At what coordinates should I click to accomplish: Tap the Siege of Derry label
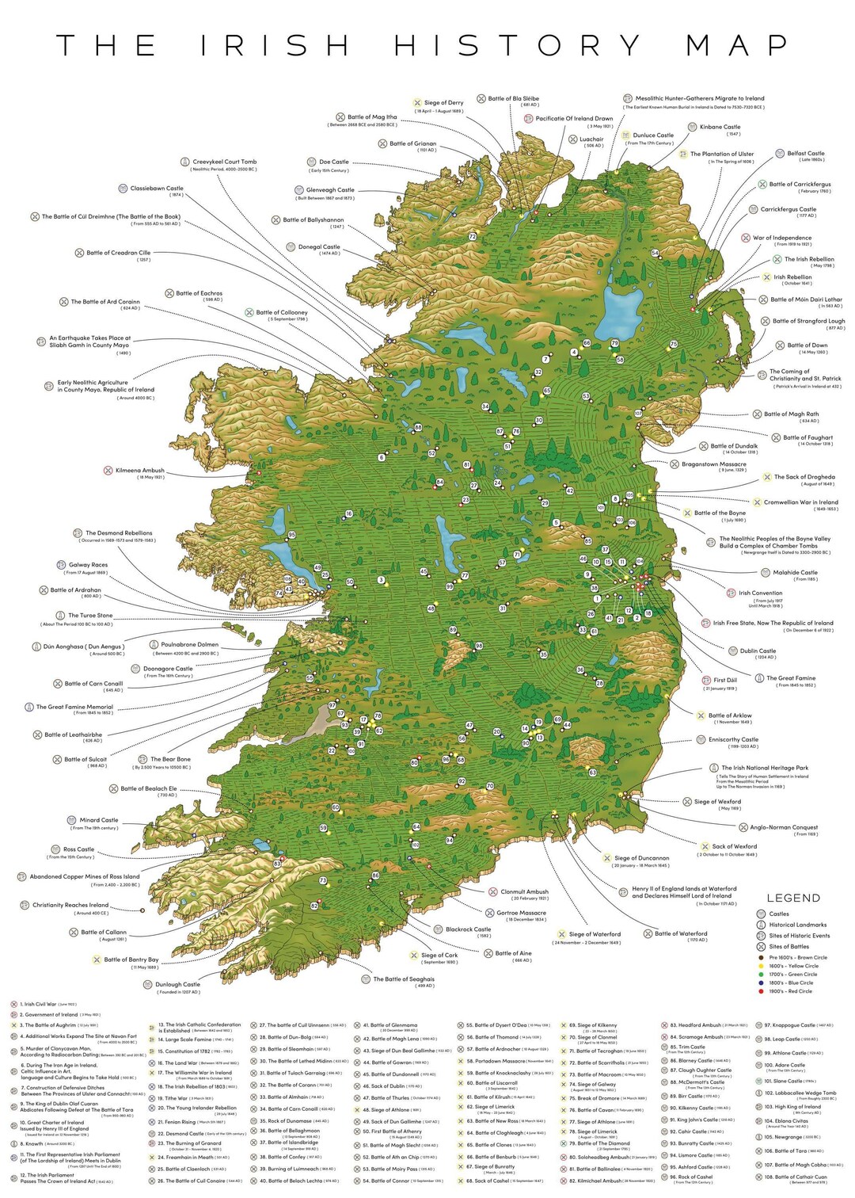(x=443, y=103)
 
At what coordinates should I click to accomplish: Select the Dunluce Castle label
(x=653, y=135)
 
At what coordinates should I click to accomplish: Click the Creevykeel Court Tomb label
(x=224, y=162)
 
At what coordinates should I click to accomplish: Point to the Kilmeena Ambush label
(x=139, y=471)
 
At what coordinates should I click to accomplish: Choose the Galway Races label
(x=88, y=565)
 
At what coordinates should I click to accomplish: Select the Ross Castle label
(x=78, y=849)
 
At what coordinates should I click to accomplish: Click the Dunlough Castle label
(x=177, y=985)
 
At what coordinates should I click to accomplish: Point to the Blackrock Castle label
(x=468, y=929)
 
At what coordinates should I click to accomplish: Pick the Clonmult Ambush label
(x=524, y=891)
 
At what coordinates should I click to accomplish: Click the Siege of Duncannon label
(x=641, y=858)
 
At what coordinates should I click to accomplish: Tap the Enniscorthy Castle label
(x=733, y=739)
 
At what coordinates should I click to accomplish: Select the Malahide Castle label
(x=795, y=572)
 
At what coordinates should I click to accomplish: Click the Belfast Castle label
(x=805, y=154)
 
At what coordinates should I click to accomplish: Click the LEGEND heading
(x=793, y=898)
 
